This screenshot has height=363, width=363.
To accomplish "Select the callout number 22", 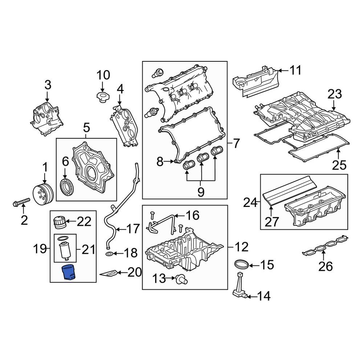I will (84, 221).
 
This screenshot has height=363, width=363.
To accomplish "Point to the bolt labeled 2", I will (22, 201).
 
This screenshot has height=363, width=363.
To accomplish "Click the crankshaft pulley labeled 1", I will (42, 194).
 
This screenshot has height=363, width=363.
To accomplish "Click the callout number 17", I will (132, 229).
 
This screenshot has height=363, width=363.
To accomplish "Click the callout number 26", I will (325, 267).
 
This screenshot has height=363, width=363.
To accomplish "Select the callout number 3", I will (48, 85).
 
